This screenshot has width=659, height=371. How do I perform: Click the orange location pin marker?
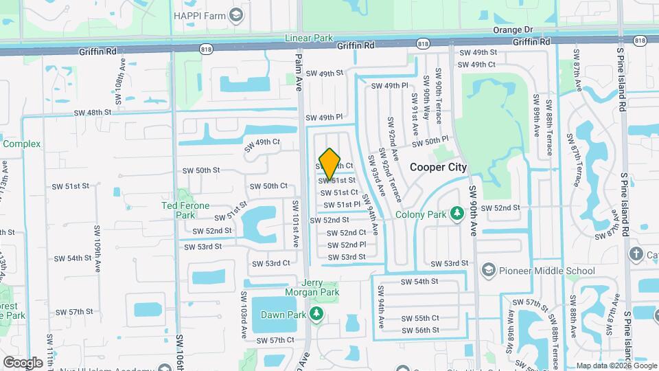pyautogui.click(x=330, y=164)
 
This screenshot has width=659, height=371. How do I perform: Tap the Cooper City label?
pyautogui.click(x=438, y=167)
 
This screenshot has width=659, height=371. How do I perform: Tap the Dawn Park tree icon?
pyautogui.click(x=316, y=315)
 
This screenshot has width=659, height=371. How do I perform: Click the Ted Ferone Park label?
pyautogui.click(x=185, y=210)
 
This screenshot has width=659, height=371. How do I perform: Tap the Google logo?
pyautogui.click(x=23, y=363)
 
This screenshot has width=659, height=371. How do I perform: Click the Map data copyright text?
pyautogui.click(x=616, y=366)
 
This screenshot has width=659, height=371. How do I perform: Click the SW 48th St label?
pyautogui.click(x=93, y=113)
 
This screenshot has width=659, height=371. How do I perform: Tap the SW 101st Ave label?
pyautogui.click(x=295, y=223)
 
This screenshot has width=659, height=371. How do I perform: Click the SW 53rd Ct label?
pyautogui.click(x=270, y=263)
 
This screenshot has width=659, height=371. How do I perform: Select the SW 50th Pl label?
pyautogui.click(x=431, y=141)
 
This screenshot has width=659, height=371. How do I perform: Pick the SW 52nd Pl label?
pyautogui.click(x=346, y=245)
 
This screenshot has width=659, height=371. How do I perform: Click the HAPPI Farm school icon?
pyautogui.click(x=236, y=14)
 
